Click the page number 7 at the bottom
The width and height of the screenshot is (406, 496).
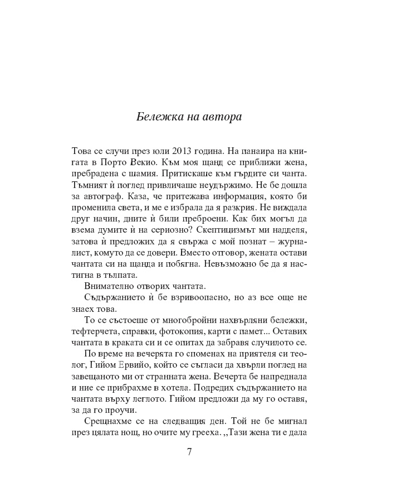point(189,451)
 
